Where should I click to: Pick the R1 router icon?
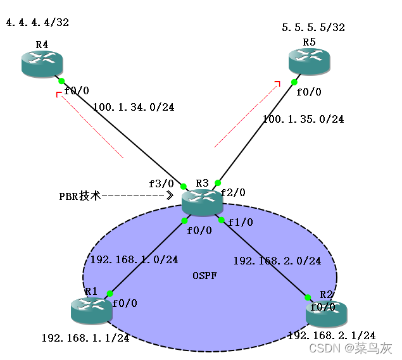pos(92,310)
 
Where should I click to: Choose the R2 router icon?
pos(326,313)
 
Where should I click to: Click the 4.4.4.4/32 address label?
pos(37,23)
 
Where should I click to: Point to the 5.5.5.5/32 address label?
pos(313,28)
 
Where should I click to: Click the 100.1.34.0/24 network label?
pos(133,107)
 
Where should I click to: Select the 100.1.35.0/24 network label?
pos(303,119)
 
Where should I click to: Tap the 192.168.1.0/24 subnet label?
pos(134,259)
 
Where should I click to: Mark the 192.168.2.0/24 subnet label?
pos(277,261)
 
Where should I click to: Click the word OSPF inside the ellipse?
pos(204,276)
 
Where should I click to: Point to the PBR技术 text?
pos(80,197)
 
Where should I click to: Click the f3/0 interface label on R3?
pos(160,183)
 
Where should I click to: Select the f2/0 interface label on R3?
pos(233,192)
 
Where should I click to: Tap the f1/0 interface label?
pos(240,222)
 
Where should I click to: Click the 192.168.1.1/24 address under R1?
pos(85,338)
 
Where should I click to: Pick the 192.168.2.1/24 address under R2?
pos(331,335)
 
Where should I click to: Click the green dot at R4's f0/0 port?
pos(61,81)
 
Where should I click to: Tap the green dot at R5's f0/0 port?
pos(294,82)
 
